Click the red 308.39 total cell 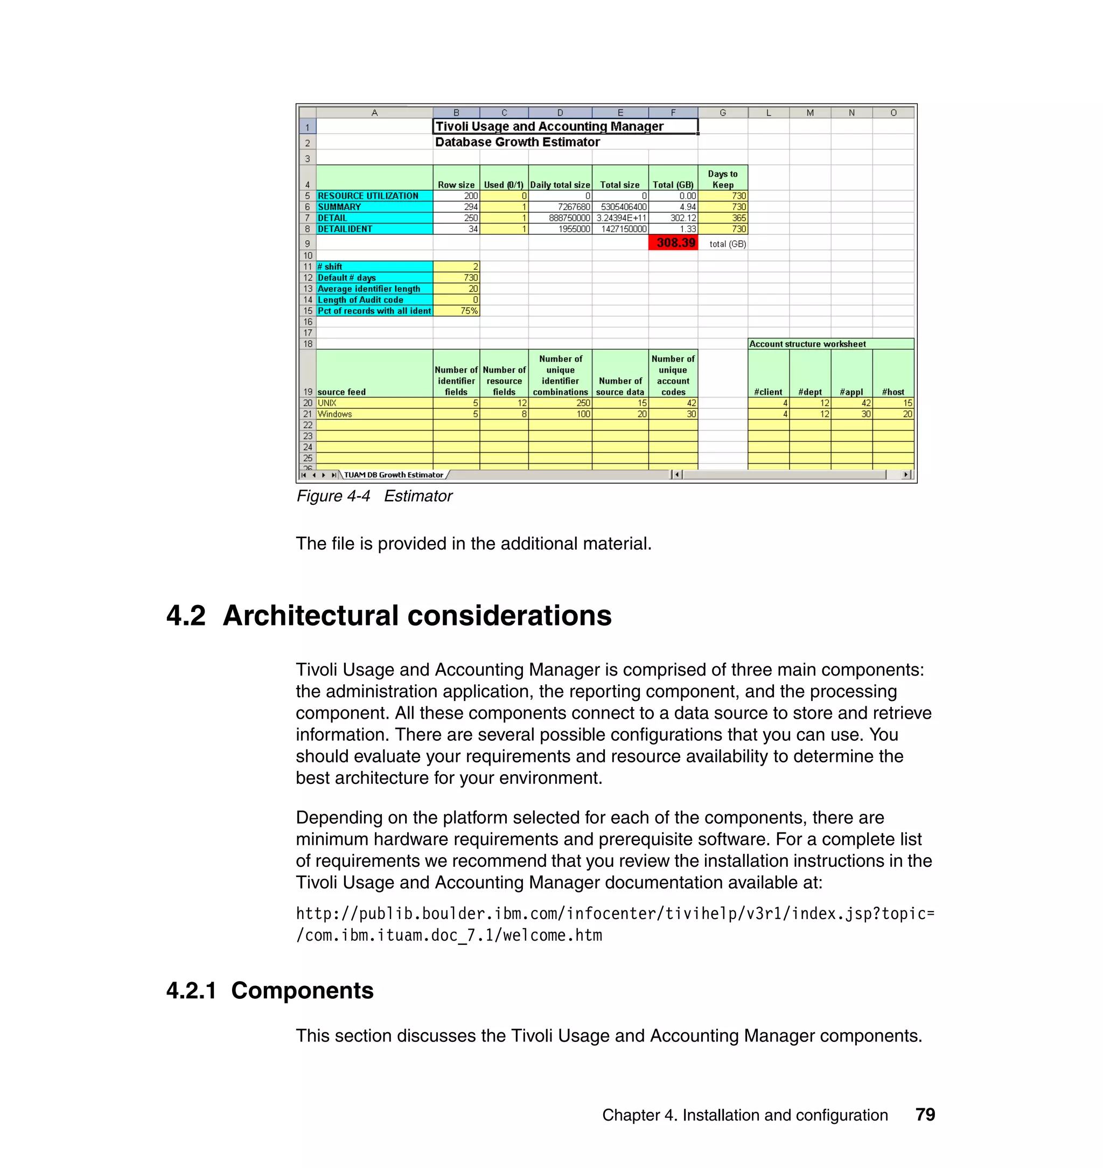coord(673,243)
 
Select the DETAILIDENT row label coord(374,229)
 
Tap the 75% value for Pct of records coord(456,310)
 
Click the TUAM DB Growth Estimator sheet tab coord(393,475)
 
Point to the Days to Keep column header coord(723,179)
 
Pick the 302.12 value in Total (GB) coord(673,218)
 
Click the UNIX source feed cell coord(374,403)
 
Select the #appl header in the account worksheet coord(851,392)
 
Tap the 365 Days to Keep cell coord(723,218)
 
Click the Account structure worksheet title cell coord(831,344)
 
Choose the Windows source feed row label coord(374,414)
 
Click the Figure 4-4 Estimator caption coord(374,496)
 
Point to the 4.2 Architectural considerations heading coord(389,616)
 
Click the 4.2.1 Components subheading coord(270,990)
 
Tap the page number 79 coord(925,1115)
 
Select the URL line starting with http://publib coord(615,913)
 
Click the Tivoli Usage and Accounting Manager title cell coord(565,127)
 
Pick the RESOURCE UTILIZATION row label coord(374,196)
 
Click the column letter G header coord(723,113)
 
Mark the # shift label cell coord(374,267)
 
